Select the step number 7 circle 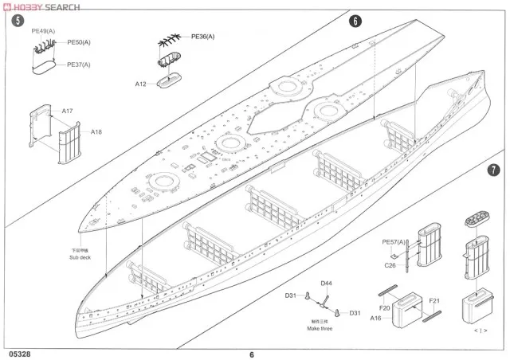pos(494,170)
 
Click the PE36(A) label pos(203,36)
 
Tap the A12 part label pos(140,84)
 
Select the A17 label pos(68,112)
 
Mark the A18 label pos(96,131)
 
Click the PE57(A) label pos(394,241)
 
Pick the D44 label pos(327,283)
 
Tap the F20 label pos(385,307)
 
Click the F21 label pos(434,300)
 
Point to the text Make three pos(320,328)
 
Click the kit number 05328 pos(17,354)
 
